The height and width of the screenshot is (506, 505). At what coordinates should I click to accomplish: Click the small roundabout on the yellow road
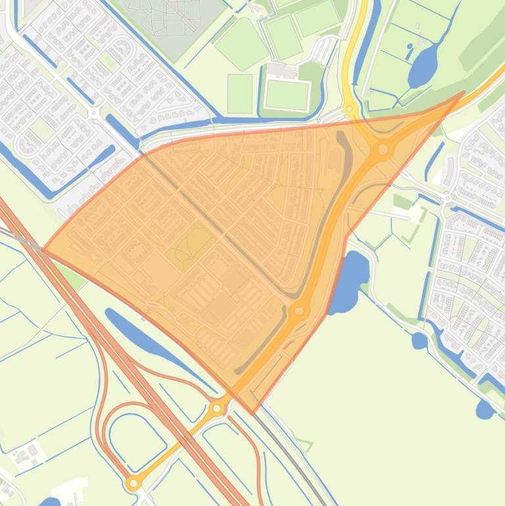(x=349, y=109)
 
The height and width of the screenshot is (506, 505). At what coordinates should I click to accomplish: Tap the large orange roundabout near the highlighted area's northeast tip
(x=382, y=150)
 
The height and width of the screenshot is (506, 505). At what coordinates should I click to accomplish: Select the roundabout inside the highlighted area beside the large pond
(x=299, y=310)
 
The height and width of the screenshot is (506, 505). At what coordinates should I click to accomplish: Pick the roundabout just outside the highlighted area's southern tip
(x=217, y=409)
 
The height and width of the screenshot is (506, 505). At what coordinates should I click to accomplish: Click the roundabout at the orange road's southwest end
(x=134, y=483)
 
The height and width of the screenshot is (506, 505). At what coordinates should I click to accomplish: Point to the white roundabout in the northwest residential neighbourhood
(x=93, y=113)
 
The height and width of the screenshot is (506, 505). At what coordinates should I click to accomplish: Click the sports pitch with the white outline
(x=287, y=95)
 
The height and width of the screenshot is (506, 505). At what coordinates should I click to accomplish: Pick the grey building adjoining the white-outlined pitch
(x=282, y=70)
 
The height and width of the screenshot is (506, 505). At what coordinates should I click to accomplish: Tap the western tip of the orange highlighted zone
(x=42, y=250)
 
